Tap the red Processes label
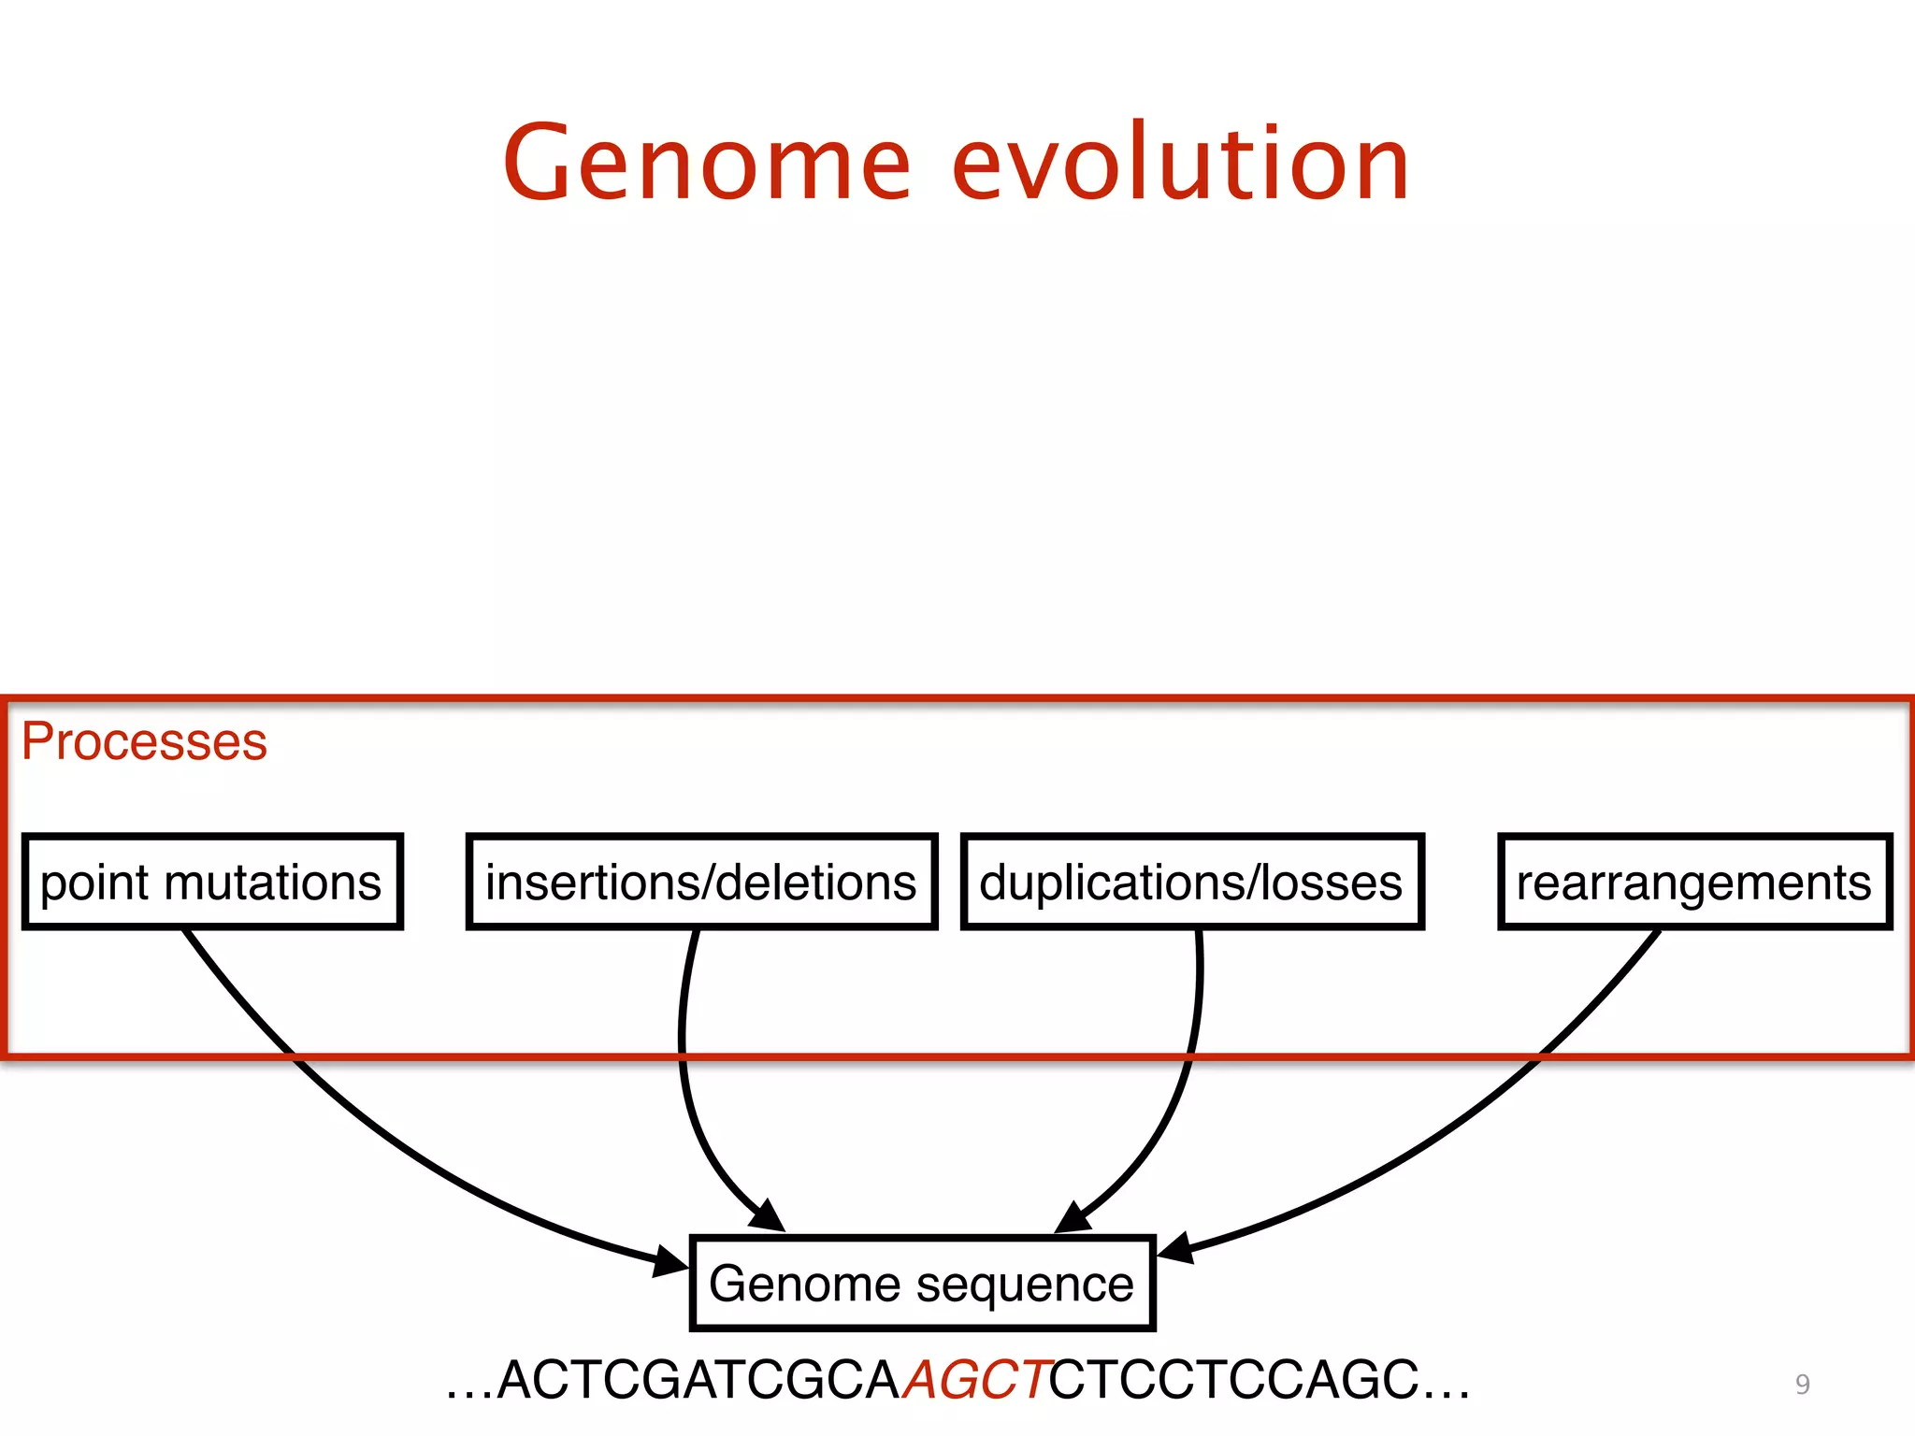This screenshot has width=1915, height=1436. point(144,741)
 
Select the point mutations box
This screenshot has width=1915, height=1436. point(212,882)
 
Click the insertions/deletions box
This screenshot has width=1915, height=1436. point(701,882)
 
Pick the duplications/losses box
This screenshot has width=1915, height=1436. point(1191,882)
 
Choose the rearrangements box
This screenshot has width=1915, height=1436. point(1694,882)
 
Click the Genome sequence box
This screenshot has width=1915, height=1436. point(922,1283)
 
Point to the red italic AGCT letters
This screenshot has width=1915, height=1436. point(978,1380)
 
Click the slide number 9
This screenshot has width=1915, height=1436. point(1802,1384)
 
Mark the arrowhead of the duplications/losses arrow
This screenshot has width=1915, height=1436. point(1072,1218)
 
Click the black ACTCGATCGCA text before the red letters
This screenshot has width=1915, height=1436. point(698,1380)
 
